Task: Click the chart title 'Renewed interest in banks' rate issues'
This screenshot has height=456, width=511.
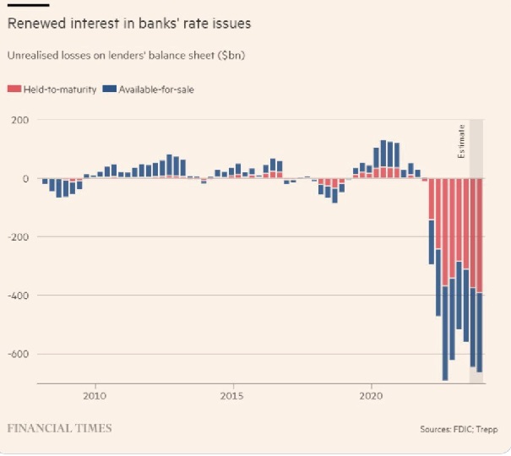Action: tap(128, 24)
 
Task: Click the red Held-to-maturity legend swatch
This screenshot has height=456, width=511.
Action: tap(13, 89)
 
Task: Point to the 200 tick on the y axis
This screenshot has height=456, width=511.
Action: tap(20, 120)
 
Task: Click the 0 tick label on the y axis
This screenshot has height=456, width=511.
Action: tap(26, 178)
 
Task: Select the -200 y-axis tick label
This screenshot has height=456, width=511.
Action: tap(18, 236)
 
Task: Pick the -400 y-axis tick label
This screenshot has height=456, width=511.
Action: tap(18, 296)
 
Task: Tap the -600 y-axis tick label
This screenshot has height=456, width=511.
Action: tap(18, 354)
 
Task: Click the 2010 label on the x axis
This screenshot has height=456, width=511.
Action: tap(95, 395)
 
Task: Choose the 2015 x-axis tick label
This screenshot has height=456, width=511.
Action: tap(232, 395)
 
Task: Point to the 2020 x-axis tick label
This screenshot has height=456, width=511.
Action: tap(372, 395)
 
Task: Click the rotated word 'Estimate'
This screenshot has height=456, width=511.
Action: tap(461, 141)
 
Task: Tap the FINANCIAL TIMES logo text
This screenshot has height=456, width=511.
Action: tap(59, 428)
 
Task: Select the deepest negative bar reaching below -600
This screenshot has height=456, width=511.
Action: tap(445, 338)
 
